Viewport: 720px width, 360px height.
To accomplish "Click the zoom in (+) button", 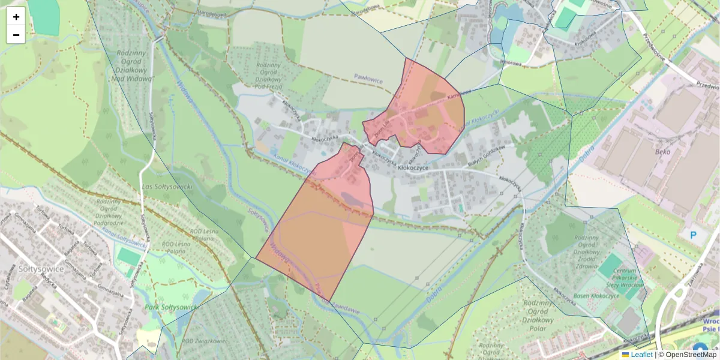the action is [x=16, y=17].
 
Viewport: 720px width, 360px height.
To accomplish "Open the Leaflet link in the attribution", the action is [x=641, y=355].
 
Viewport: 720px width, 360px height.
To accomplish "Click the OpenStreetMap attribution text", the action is [x=691, y=355].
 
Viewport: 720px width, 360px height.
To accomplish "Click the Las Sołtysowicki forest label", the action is [x=166, y=187].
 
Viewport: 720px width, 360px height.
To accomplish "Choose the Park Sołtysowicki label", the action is [x=170, y=307].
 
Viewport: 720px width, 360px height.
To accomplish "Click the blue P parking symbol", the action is [x=693, y=235].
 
